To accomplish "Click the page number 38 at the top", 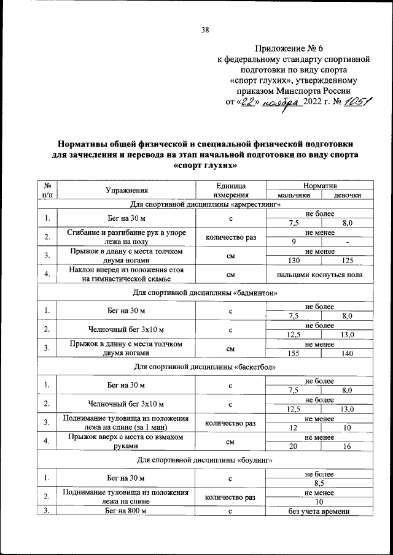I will click(205, 29).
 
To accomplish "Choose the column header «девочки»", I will click(347, 195).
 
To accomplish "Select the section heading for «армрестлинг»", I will click(205, 204).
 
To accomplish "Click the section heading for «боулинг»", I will click(205, 459).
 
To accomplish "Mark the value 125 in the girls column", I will click(347, 260).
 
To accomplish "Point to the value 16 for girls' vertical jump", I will click(347, 446).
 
